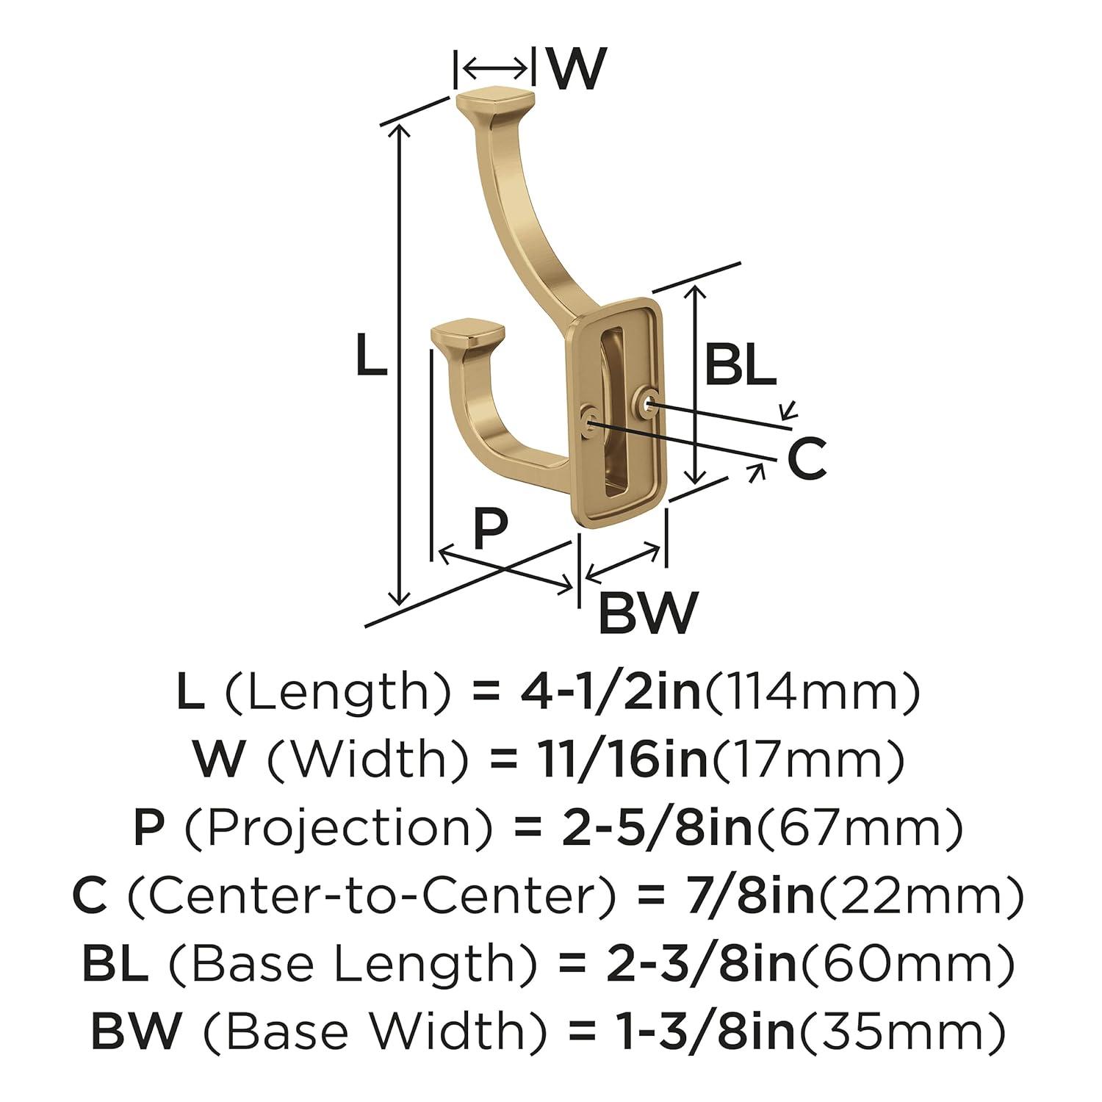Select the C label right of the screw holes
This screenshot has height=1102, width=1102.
(x=807, y=459)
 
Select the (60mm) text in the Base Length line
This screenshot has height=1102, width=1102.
(x=908, y=963)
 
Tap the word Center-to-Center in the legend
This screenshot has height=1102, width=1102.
(x=361, y=895)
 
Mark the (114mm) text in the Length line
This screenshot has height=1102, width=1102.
(x=813, y=693)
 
